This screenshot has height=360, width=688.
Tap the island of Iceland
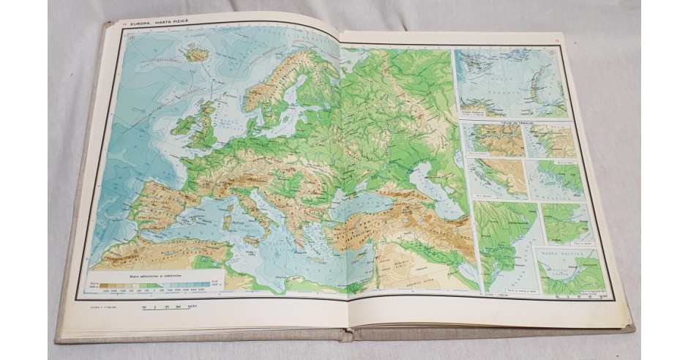pos(197,53)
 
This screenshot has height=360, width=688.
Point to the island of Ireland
pos(183,126)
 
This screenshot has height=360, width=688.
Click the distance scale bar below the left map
pos(171,307)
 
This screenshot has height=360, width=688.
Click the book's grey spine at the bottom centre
pos(344,335)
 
